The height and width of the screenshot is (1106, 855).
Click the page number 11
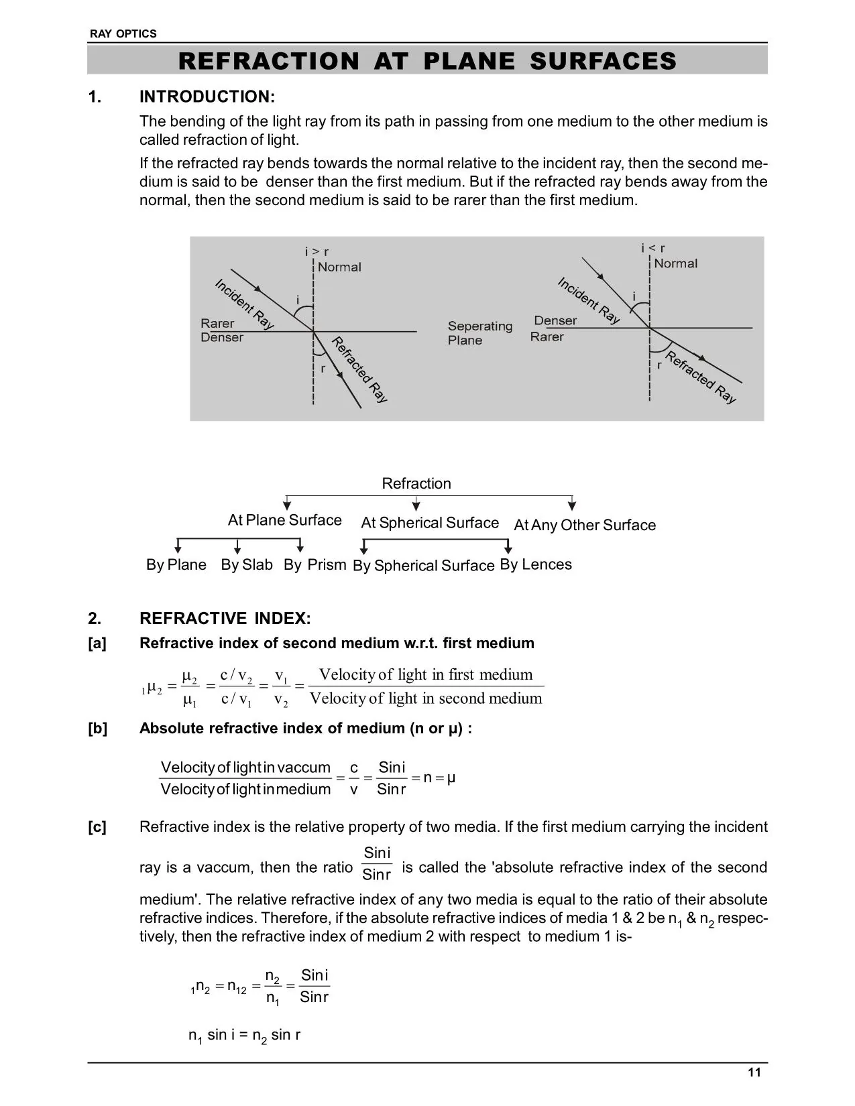coord(754,1072)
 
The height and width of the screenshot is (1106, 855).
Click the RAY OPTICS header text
coord(123,34)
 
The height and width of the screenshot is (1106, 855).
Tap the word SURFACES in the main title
coord(603,61)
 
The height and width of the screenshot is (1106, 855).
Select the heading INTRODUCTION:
coord(207,97)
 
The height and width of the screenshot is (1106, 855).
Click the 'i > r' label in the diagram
coord(317,251)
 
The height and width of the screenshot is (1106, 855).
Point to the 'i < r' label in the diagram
coord(653,248)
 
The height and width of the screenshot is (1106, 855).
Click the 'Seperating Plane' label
coord(480,333)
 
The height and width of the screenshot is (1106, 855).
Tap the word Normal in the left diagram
coord(339,267)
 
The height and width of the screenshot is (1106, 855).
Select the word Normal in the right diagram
coord(676,263)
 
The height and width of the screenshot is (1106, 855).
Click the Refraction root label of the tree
coord(416,483)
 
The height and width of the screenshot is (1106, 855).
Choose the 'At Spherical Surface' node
coord(430,523)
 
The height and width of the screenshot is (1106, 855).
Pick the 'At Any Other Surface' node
coord(585,525)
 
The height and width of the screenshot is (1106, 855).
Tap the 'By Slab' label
coord(247,564)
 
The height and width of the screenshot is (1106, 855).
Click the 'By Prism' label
coord(315,564)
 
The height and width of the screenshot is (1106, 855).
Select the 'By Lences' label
coord(536,564)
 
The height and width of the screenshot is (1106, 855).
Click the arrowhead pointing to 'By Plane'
coord(178,549)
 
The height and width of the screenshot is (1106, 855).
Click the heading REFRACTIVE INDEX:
coord(225,618)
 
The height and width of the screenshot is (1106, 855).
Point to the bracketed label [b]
coord(97,729)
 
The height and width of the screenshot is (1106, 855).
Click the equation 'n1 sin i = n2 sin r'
coord(245,1035)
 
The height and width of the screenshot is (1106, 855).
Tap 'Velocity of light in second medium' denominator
coord(426,698)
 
